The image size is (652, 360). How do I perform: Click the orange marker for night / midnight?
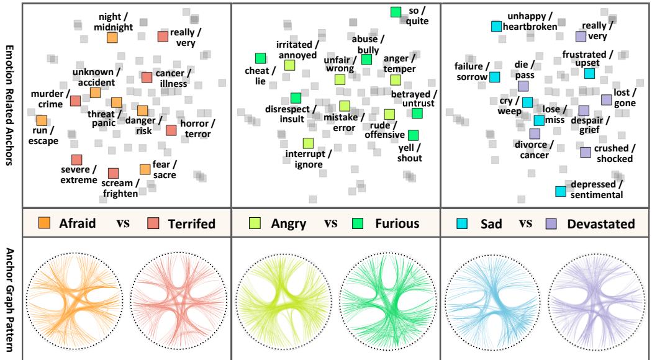click(112, 38)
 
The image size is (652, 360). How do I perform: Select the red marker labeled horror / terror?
click(171, 130)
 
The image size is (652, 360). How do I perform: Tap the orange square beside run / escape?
click(42, 121)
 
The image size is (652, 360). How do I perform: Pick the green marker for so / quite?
click(396, 12)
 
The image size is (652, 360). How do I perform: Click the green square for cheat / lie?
click(260, 58)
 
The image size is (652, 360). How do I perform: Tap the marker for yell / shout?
click(413, 135)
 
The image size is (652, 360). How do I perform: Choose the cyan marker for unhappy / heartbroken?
click(496, 26)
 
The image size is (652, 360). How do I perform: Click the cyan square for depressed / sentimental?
click(560, 192)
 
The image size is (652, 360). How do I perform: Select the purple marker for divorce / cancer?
click(535, 133)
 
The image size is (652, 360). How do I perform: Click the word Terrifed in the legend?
click(191, 223)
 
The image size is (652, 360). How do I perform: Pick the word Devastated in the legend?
click(602, 223)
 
